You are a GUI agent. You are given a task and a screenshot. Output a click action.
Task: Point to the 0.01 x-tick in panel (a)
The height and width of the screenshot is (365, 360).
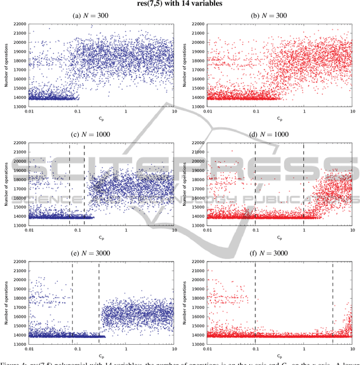coord(29,111)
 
